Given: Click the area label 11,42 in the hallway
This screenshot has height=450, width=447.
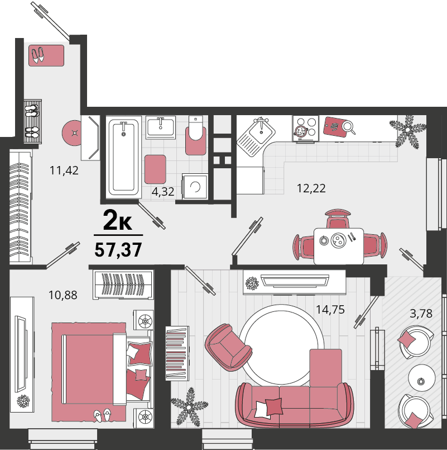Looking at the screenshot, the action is tap(64, 170).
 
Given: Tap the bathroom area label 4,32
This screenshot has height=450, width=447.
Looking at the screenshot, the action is tap(163, 191).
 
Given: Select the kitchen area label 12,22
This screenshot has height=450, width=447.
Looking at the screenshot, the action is tap(311, 188).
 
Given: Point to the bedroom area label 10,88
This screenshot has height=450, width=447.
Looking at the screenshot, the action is tap(63, 295).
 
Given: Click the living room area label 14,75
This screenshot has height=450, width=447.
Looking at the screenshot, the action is tap(330, 310).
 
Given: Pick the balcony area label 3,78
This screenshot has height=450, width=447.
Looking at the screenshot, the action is tap(421, 314).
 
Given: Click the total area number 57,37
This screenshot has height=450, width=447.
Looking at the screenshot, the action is tap(118, 250).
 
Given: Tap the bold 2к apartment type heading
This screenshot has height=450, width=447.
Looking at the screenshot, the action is tap(118, 220).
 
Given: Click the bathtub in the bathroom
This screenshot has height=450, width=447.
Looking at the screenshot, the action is tap(123, 157).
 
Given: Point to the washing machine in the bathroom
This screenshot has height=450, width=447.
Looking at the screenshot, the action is tap(195, 186).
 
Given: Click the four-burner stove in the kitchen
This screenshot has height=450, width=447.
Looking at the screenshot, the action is tap(305, 128).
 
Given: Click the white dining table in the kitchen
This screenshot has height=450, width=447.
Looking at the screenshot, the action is tap(339, 246).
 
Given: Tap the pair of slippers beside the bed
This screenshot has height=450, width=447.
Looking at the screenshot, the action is tap(103, 415).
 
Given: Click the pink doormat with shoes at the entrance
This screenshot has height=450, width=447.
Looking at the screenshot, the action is tap(46, 55).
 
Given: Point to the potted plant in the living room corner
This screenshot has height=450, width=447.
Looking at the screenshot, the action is tap(189, 407).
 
